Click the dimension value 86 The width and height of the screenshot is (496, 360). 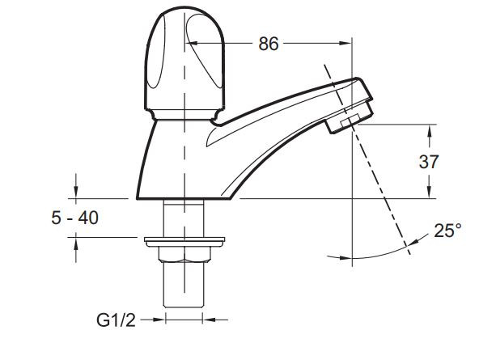click(268, 44)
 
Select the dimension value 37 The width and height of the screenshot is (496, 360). click(429, 161)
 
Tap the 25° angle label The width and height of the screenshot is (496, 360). click(447, 231)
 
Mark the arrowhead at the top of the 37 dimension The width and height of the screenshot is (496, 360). click(429, 129)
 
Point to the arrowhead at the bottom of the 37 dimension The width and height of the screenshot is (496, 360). click(429, 193)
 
